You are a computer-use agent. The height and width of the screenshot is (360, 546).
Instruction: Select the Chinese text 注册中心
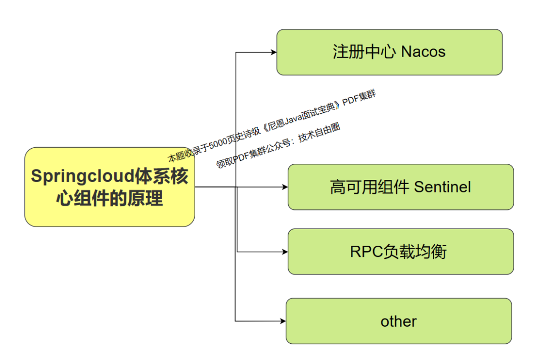click(363, 52)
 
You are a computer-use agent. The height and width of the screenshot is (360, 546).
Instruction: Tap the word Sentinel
click(442, 187)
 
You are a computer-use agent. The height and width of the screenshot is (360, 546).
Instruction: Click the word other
click(398, 322)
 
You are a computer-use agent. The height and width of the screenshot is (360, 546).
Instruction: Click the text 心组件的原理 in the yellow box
click(110, 199)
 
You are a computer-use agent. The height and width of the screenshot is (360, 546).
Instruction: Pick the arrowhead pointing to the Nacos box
click(274, 52)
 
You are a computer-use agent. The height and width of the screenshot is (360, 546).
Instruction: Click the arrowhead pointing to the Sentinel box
click(285, 187)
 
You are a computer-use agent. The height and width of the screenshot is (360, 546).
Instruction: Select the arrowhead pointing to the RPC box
click(285, 252)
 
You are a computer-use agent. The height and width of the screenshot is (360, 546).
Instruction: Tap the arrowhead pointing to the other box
click(283, 321)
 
